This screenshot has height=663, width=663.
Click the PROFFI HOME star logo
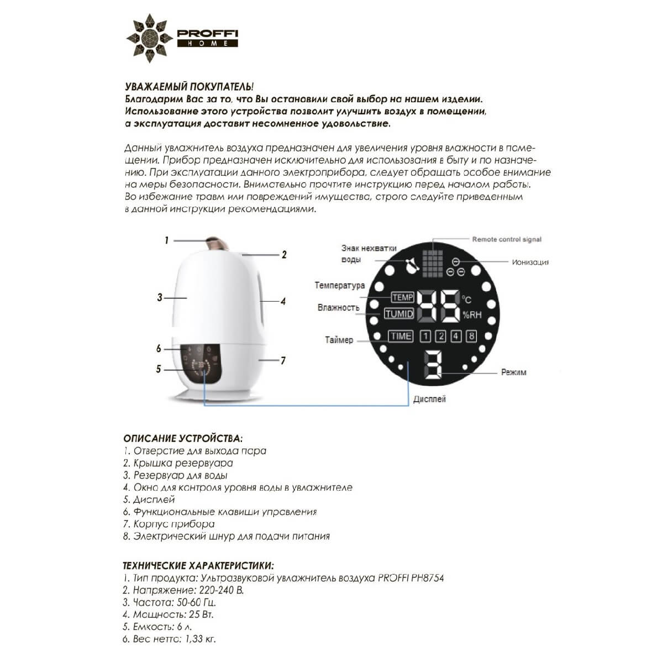click(148, 38)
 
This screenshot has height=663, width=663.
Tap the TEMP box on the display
click(402, 297)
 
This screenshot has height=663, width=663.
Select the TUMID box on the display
click(399, 314)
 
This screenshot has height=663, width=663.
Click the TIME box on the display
click(400, 336)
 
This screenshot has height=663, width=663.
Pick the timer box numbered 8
click(471, 336)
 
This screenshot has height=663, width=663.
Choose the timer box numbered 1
click(425, 336)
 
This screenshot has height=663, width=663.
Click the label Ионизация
click(530, 262)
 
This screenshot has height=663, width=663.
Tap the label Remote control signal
click(507, 239)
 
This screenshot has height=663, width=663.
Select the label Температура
click(340, 286)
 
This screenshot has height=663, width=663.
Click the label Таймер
click(339, 340)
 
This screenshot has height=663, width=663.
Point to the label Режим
click(513, 372)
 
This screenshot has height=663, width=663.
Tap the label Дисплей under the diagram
click(429, 399)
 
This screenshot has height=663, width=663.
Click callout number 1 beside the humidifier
click(166, 240)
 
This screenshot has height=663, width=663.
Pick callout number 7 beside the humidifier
click(283, 361)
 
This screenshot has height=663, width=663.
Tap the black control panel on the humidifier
click(201, 365)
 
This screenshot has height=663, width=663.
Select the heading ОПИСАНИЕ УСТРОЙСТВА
click(182, 439)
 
